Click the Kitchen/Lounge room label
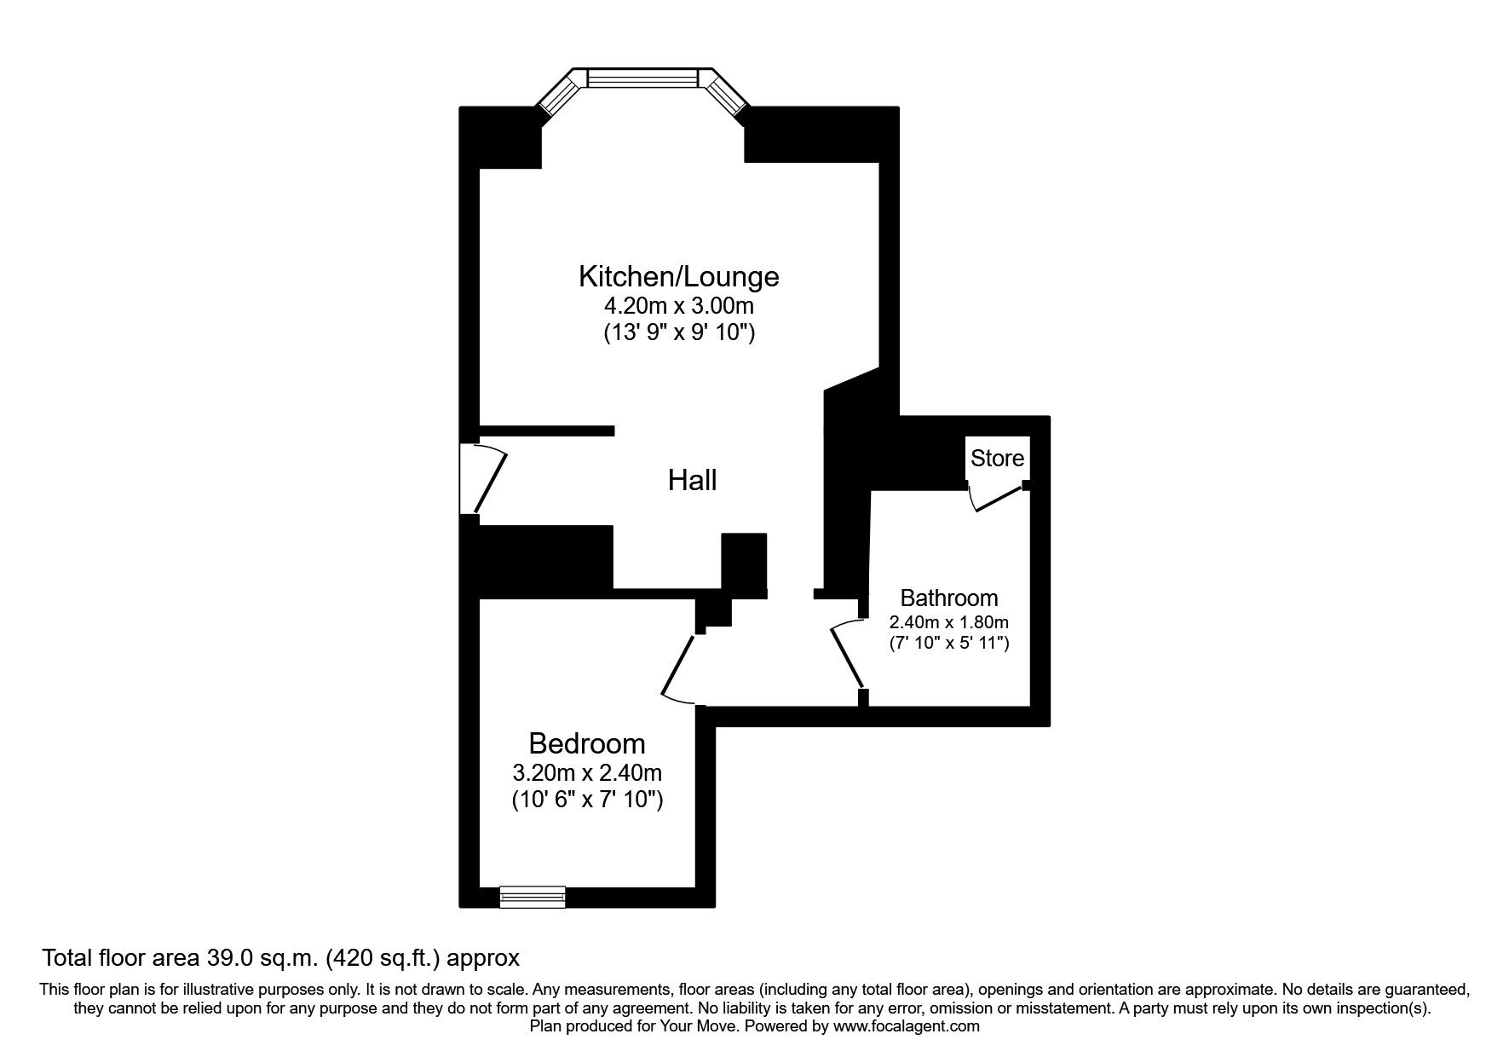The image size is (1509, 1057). point(678,276)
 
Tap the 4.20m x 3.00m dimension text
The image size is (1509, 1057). point(678,305)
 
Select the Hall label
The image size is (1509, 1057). point(692,481)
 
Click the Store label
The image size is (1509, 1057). point(997,459)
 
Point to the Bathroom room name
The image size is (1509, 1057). point(948,598)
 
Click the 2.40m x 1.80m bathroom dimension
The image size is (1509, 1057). point(948,622)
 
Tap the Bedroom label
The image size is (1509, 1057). point(586,743)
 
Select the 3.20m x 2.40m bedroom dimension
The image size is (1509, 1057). point(586,773)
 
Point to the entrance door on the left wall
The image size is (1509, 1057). point(481,479)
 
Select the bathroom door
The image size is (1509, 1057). point(847,655)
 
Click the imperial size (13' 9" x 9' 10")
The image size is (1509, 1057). point(678,332)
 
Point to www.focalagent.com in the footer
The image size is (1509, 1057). point(906,1026)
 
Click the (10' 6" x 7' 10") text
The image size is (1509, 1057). point(586,800)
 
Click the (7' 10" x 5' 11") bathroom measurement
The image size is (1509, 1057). point(948,643)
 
